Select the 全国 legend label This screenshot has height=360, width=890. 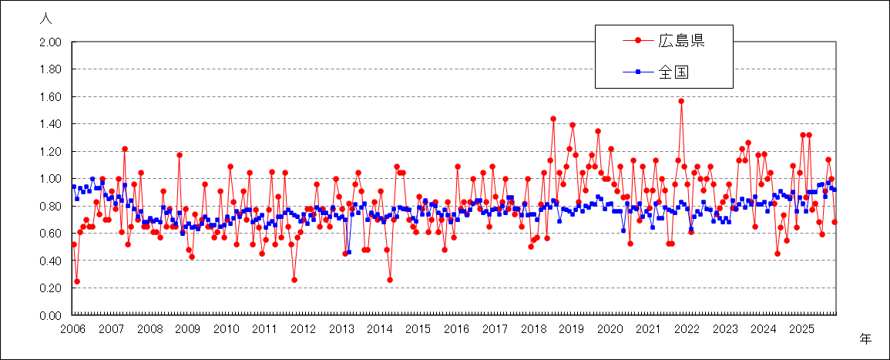(673, 72)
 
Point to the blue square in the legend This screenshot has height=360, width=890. (638, 72)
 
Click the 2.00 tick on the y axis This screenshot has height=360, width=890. (50, 42)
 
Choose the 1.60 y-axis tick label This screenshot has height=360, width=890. (50, 97)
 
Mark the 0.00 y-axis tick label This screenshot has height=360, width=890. (50, 315)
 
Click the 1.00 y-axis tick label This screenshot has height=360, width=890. (50, 179)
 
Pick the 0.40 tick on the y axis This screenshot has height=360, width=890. (50, 261)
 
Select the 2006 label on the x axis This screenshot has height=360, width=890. (73, 329)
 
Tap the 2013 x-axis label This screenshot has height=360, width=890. (341, 329)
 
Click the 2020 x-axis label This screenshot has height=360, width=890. (610, 329)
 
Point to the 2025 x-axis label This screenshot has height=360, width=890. (801, 329)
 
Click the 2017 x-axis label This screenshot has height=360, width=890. (495, 329)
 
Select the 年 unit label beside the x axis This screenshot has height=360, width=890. (866, 338)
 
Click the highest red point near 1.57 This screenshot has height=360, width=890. (681, 101)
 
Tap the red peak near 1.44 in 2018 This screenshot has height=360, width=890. (553, 119)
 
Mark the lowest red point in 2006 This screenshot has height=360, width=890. (77, 281)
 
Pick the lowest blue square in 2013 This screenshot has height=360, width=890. (348, 252)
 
